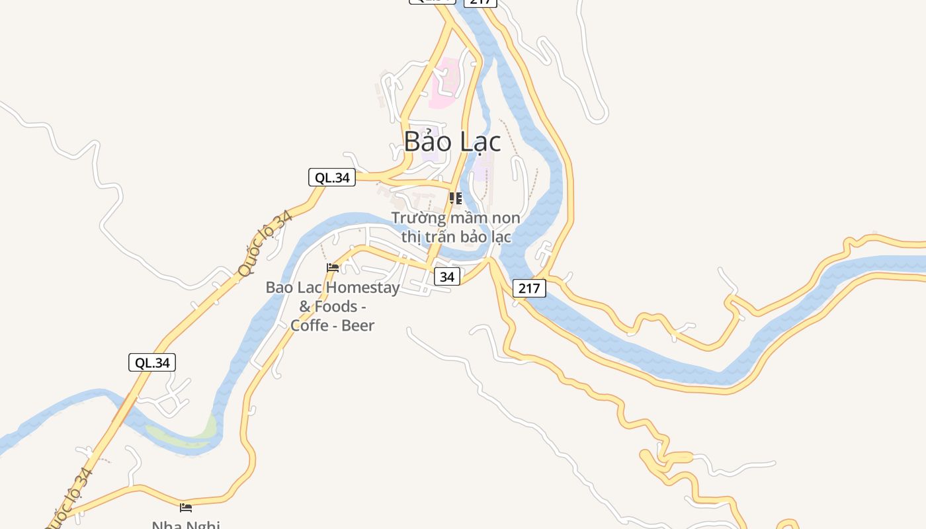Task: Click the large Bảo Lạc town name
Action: pos(452,142)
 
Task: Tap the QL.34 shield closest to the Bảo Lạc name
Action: pos(332,177)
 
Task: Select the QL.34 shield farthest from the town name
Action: pos(152,362)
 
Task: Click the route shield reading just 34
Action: pos(447,276)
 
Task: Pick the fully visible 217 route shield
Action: pos(529,288)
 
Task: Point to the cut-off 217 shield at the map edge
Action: pos(480,3)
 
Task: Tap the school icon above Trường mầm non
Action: pos(455,198)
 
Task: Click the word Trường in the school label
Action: pos(416,218)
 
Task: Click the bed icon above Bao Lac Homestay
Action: pos(333,268)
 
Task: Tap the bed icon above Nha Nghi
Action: pos(186,508)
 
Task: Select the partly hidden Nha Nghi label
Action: pos(186,525)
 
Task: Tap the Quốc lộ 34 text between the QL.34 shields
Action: pos(265,243)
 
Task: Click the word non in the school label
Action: pos(506,218)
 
